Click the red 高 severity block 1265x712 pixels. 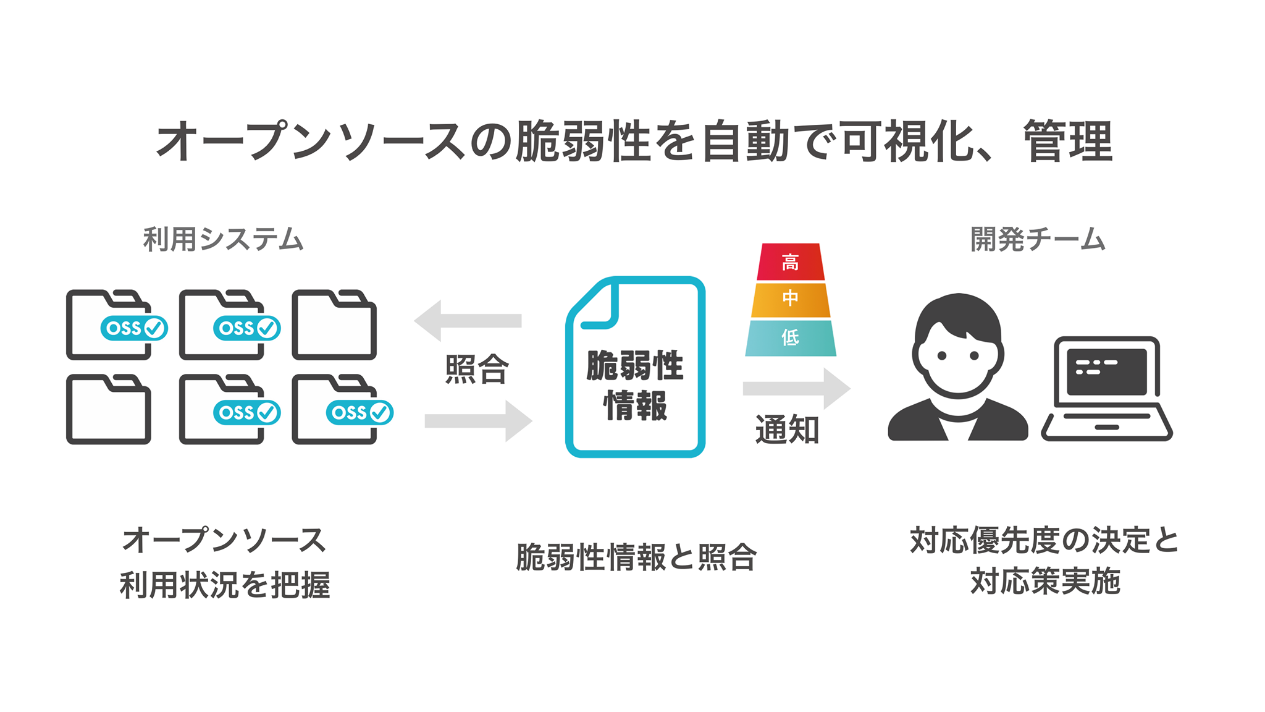coord(790,262)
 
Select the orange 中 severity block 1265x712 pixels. coord(790,300)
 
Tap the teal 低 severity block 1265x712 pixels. coord(790,337)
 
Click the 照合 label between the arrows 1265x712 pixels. coord(477,370)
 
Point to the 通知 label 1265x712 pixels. coord(787,430)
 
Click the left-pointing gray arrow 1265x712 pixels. coord(467,321)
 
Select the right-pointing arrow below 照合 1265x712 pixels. coord(478,421)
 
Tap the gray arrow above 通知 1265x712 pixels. coord(796,388)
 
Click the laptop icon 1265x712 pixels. coord(1106,389)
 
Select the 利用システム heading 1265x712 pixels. coord(223,239)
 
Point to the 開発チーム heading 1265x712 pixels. coord(1038,239)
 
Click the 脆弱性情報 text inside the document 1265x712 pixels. coord(635,385)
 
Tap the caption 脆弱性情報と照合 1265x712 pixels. coord(636,557)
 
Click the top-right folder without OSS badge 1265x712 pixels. coord(334,326)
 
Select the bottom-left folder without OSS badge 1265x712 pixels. coord(109,410)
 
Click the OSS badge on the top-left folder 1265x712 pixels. coord(134,328)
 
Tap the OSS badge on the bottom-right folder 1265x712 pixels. coord(359,412)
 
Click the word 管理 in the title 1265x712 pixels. coord(1069,142)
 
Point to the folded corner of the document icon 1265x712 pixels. coord(596,305)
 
